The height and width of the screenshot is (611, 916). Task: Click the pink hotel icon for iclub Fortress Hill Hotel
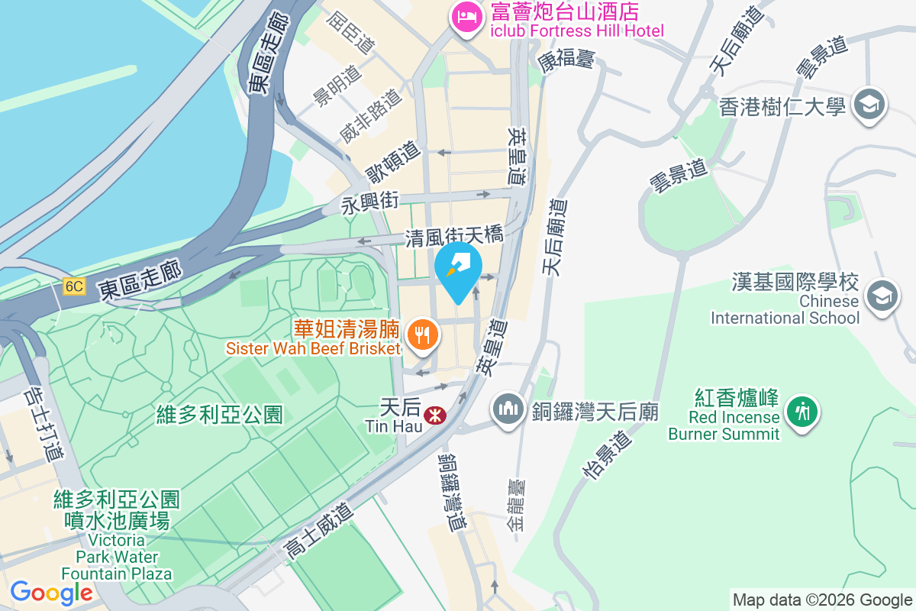coord(466,17)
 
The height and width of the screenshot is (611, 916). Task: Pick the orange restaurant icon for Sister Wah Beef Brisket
coord(421,335)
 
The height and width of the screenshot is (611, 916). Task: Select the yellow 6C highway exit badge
coord(73,286)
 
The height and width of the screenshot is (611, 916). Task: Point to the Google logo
coord(51,593)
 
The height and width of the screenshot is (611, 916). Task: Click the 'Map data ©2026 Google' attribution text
coord(822,600)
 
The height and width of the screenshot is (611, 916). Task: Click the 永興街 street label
coord(370,202)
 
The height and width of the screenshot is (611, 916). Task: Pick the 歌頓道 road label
coord(392,161)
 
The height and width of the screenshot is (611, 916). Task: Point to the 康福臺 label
coord(565,61)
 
